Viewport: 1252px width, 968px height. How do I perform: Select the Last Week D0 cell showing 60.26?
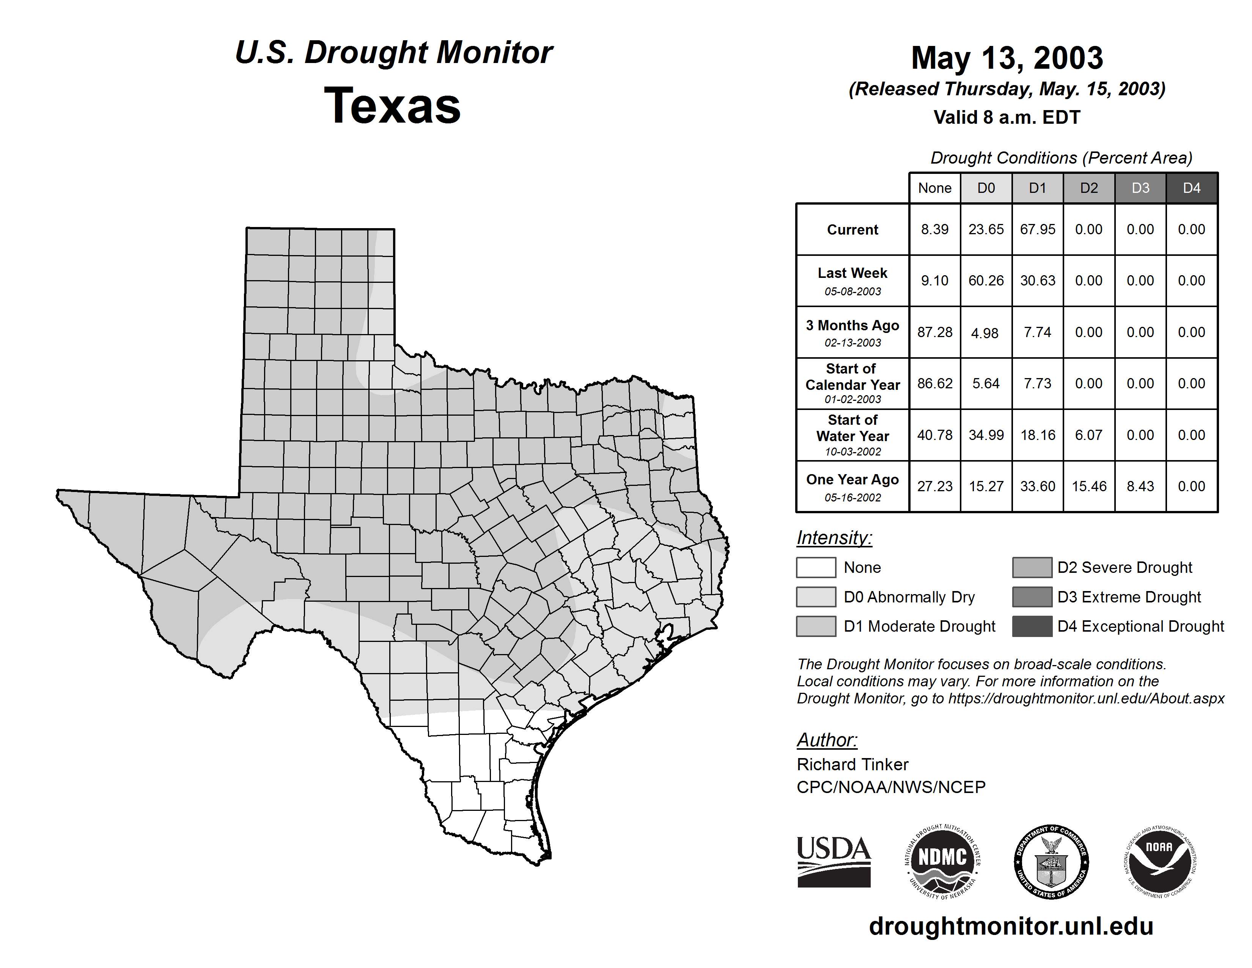[x=986, y=281]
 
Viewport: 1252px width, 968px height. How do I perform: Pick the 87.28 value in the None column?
[x=934, y=332]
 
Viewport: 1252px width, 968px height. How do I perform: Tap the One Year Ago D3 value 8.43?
[x=1140, y=486]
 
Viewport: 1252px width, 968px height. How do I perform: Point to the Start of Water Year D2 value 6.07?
[x=1088, y=435]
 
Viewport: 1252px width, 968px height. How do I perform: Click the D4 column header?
[x=1191, y=188]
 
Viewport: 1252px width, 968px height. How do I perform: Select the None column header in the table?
[x=934, y=188]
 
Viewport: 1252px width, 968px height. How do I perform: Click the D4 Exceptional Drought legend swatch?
[x=1032, y=626]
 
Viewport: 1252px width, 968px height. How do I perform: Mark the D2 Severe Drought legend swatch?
[x=1032, y=567]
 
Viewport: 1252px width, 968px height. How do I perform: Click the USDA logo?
[x=834, y=861]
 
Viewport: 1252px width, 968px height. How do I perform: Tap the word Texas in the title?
[x=392, y=106]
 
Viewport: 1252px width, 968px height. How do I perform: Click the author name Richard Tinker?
[x=852, y=765]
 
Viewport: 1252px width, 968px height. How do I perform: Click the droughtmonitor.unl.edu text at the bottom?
[x=1011, y=926]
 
